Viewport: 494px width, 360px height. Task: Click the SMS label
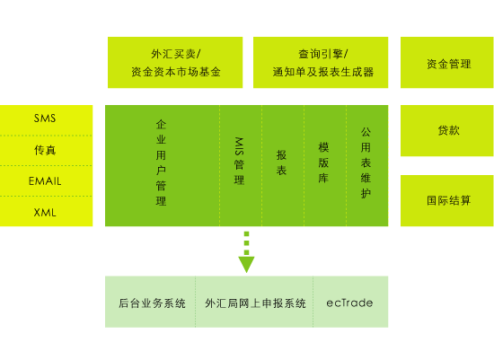coord(45,119)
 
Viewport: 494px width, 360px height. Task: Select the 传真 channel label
coord(45,150)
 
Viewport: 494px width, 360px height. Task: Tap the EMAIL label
coord(45,181)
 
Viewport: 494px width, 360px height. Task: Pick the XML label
coord(45,213)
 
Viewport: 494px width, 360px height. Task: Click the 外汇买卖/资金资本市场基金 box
coord(175,62)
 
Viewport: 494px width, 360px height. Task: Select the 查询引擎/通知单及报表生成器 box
coord(321,62)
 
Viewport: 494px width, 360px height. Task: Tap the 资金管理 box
coord(446,62)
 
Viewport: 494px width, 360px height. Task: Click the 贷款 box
coord(446,131)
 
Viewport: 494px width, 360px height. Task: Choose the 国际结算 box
coord(446,200)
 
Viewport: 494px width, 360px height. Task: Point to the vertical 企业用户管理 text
coord(161,162)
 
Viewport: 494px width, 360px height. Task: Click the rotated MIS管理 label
coord(239,161)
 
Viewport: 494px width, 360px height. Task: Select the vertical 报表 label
coord(281,162)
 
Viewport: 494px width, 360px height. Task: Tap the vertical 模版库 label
coord(323,162)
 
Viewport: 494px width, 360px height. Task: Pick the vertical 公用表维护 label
coord(366,162)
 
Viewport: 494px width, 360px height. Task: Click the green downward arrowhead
coord(246,265)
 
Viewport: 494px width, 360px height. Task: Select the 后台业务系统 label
coord(152,303)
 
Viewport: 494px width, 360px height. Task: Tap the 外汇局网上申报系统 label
coord(255,303)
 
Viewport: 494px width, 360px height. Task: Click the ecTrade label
coord(349,303)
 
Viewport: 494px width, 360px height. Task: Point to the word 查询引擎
coord(320,54)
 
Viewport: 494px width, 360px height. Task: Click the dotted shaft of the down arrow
coord(246,243)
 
